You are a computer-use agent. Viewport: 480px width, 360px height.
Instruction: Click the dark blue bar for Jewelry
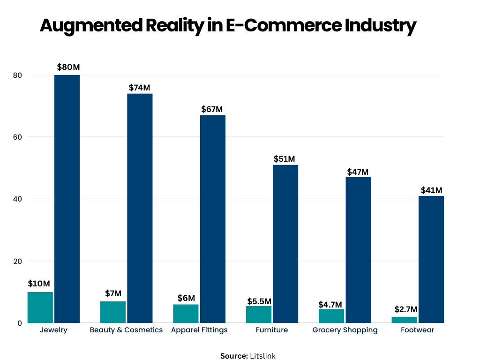click(x=67, y=199)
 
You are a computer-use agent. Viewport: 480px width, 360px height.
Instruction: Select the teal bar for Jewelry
click(x=40, y=307)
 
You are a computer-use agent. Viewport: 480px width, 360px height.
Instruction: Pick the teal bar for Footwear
click(x=404, y=320)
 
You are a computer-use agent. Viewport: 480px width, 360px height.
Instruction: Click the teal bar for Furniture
click(x=258, y=314)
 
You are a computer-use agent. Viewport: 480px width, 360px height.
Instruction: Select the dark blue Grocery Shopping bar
click(x=358, y=250)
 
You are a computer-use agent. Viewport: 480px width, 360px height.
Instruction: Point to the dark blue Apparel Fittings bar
click(x=213, y=219)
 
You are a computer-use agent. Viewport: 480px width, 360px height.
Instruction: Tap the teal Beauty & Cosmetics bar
click(x=113, y=312)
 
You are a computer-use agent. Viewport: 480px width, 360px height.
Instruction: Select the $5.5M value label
click(x=259, y=300)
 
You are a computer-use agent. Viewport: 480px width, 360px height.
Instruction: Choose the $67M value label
click(x=212, y=109)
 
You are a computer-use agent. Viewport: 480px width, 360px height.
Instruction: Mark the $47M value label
click(x=358, y=172)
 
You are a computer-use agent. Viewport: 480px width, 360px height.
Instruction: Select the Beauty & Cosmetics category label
click(x=126, y=330)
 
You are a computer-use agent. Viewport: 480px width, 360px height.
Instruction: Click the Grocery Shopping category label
click(x=345, y=330)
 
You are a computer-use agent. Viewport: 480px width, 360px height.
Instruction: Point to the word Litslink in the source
click(x=262, y=356)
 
